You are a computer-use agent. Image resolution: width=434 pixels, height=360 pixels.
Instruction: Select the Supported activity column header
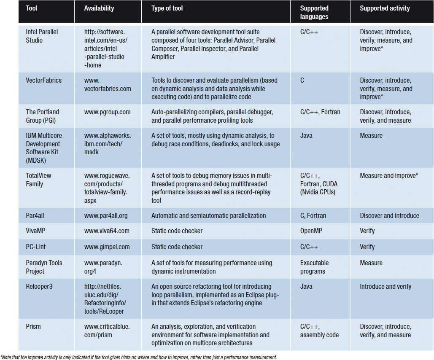coord(385,8)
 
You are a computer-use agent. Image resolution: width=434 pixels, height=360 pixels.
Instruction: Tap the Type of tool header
coord(167,8)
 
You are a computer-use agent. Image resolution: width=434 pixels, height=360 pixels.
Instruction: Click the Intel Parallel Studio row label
coord(42,36)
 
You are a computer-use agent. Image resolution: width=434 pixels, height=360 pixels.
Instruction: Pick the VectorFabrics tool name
coord(43,80)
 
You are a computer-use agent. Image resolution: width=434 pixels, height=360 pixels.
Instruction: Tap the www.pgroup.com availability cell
coord(107,112)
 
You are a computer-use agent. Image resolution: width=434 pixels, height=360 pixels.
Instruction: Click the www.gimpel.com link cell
coord(107,247)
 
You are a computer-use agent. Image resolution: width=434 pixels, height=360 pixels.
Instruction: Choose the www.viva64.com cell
coord(107,231)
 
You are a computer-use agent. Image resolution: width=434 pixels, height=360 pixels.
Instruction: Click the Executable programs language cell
coord(314,267)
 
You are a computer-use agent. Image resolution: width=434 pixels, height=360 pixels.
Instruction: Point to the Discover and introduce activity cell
coord(389,215)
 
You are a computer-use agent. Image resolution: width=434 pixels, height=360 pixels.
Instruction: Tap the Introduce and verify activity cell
coord(385,286)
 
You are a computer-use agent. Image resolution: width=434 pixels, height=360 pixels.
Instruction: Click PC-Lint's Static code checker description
coord(177,247)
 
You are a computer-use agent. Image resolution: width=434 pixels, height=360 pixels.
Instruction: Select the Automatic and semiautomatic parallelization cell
coord(208,215)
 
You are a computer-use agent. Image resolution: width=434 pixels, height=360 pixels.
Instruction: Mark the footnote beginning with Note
coord(139,357)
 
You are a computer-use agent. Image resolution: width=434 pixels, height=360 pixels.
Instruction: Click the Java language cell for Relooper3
coord(306,286)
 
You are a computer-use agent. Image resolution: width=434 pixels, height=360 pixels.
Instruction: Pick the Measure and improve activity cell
coord(388,175)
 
